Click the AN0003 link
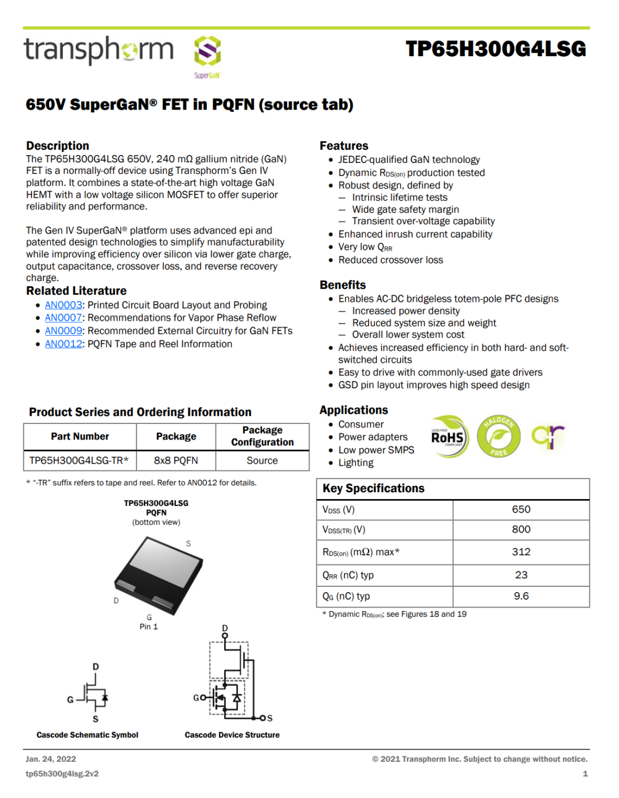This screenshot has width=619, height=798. [64, 305]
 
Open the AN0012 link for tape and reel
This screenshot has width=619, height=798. [64, 344]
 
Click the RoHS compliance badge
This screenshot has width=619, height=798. [449, 437]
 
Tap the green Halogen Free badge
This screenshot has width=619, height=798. [498, 437]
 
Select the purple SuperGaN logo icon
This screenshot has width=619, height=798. [207, 51]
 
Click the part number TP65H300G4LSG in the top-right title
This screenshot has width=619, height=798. [496, 49]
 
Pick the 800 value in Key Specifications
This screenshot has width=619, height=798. [520, 530]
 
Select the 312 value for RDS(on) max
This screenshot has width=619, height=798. [520, 552]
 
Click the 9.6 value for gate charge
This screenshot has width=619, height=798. [520, 596]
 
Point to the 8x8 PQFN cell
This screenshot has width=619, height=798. [176, 461]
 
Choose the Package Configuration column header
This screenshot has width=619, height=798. [262, 436]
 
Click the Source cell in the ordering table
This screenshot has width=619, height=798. [262, 461]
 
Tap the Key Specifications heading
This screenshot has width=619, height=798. [373, 488]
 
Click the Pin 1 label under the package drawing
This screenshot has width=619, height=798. [148, 626]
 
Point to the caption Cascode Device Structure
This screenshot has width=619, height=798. [232, 735]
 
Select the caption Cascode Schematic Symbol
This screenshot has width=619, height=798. [87, 735]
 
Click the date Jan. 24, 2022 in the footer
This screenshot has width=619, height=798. [50, 759]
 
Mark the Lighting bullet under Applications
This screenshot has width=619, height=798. [355, 463]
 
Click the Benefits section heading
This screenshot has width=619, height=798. [343, 285]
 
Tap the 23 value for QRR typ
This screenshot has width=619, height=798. [520, 575]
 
